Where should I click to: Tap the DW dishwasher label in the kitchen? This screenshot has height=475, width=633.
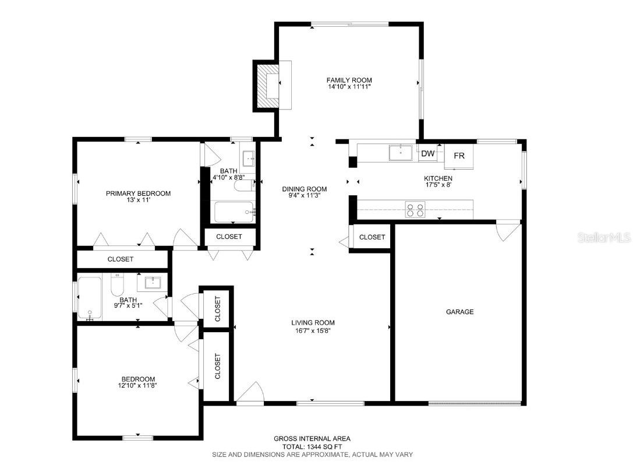[x=428, y=154]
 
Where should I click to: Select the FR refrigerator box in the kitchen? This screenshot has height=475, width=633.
[x=459, y=156]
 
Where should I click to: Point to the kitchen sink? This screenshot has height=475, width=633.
[x=401, y=153]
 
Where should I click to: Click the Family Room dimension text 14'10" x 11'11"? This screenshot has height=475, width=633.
[x=349, y=87]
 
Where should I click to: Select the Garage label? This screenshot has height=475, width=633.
[x=459, y=312]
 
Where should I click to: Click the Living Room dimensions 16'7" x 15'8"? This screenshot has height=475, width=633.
[x=313, y=330]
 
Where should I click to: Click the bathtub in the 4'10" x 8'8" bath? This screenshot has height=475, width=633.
[x=234, y=212]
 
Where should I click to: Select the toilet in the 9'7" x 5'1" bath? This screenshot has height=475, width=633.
[x=117, y=284]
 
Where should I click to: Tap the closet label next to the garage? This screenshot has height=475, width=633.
[x=372, y=237]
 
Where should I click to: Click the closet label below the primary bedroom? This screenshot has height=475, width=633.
[x=121, y=259]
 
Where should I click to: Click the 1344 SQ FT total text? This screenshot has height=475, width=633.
[x=312, y=446]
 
